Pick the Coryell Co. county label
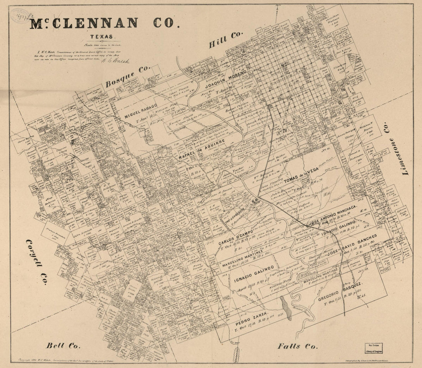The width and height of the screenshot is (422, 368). coord(36,262)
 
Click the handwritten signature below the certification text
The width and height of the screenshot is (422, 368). coord(116,61)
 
